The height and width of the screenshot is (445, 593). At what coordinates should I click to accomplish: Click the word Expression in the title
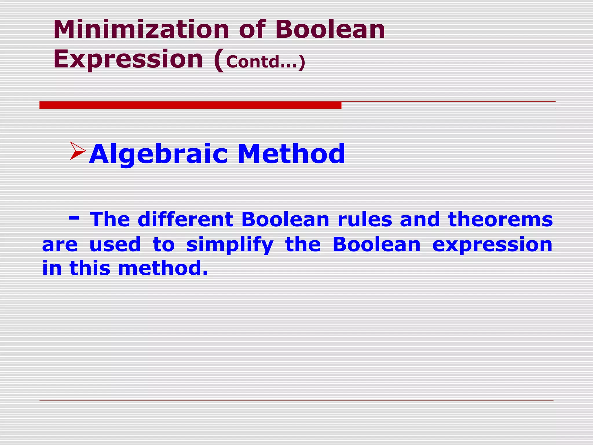tap(128, 59)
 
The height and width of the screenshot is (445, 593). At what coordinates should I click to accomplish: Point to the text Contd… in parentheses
tap(262, 62)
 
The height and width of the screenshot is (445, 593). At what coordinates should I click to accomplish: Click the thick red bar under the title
tap(190, 105)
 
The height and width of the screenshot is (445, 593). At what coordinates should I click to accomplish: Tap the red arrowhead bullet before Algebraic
tap(77, 151)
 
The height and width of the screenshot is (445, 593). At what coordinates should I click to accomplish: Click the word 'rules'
tap(365, 219)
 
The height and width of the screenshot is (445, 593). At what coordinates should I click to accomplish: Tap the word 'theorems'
tap(500, 219)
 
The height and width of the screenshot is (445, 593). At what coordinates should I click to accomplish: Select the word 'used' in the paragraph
tap(115, 244)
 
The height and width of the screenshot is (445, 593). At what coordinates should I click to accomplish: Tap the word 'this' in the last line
tap(90, 268)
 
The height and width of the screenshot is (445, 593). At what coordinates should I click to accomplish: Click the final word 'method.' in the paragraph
tap(163, 268)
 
